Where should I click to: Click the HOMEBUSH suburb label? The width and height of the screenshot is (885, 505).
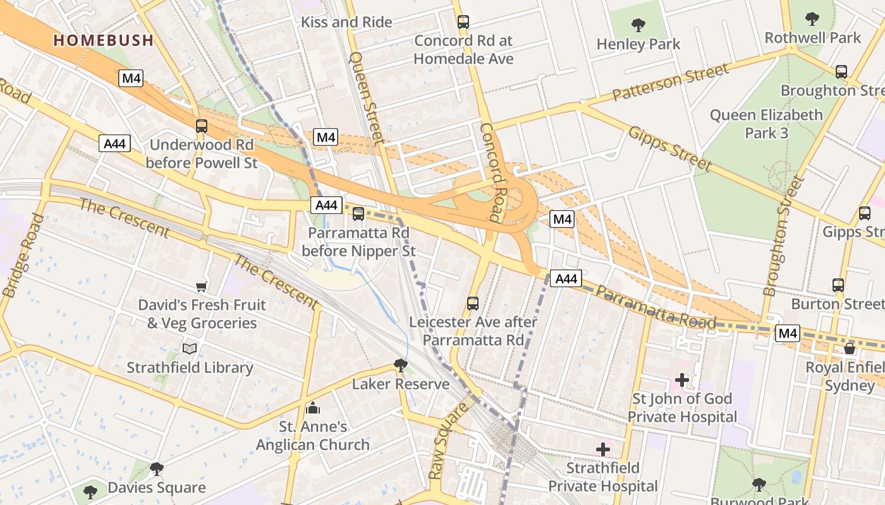[x=103, y=40]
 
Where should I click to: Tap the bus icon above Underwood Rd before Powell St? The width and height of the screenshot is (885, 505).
[x=202, y=126]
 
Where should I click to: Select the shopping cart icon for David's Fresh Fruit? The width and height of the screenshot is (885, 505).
[x=202, y=287]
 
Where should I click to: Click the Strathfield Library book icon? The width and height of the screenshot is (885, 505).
[x=190, y=348]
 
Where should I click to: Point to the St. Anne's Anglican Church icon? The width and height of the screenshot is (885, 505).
[x=312, y=408]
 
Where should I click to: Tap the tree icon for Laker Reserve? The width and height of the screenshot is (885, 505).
[x=400, y=365]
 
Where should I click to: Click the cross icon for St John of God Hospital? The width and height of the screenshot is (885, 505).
[x=682, y=379]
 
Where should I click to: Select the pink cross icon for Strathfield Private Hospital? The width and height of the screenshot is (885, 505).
[x=603, y=449]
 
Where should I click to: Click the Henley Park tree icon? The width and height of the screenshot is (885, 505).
[x=638, y=25]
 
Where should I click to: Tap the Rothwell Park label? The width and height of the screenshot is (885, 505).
[x=813, y=38]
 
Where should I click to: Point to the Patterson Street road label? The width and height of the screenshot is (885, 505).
[x=671, y=82]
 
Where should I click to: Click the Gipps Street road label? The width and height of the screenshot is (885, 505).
[x=670, y=149]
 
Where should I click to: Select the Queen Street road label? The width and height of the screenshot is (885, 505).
[x=367, y=98]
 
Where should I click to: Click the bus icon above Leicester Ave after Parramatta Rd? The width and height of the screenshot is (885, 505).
[x=473, y=304]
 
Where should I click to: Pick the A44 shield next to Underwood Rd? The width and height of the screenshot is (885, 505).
[x=114, y=144]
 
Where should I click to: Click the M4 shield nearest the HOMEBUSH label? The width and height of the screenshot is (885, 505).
[x=131, y=79]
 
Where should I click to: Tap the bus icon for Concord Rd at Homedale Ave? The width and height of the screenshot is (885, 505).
[x=463, y=22]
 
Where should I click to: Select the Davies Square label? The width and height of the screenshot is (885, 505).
[x=157, y=487]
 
